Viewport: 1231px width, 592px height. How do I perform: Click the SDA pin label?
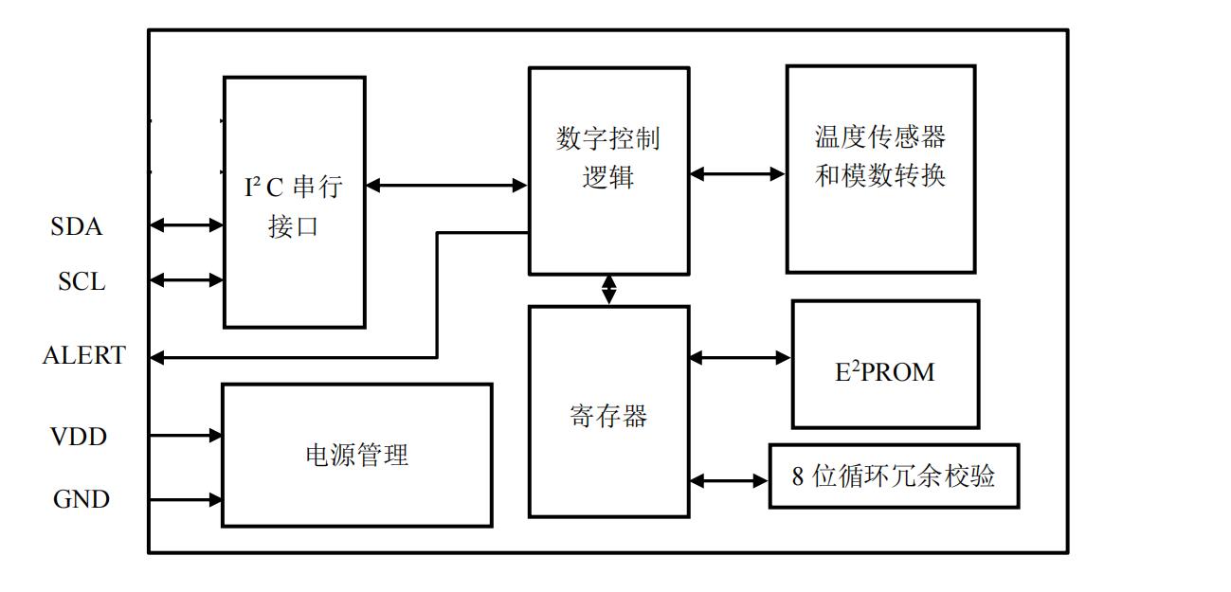point(77,227)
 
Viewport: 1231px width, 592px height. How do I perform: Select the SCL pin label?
point(81,281)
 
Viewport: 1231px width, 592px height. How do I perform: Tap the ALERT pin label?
point(83,356)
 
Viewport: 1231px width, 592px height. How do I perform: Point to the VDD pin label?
point(79,437)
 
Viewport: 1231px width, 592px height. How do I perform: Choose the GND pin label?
point(81,499)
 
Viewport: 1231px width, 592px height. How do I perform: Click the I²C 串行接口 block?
point(294,203)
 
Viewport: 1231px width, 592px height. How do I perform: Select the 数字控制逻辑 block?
point(608,170)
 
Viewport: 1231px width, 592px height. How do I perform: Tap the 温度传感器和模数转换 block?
point(880,169)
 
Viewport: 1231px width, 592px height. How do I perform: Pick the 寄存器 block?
point(608,411)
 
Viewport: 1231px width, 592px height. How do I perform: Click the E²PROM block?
point(885,365)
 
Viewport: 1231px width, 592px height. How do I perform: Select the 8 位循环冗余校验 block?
point(894,475)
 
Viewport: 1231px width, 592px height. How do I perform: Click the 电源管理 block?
point(356,455)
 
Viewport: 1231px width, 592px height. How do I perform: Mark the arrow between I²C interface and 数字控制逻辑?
point(446,186)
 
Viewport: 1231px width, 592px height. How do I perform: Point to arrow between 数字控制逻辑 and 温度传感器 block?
point(737,174)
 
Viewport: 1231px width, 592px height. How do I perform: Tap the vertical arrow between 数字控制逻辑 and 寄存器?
point(608,290)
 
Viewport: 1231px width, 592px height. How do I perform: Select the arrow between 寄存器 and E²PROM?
point(740,358)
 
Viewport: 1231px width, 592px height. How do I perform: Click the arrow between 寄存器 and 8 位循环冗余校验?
point(729,481)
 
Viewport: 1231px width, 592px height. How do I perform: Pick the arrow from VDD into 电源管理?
point(187,436)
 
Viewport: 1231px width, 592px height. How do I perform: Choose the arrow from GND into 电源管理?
point(187,499)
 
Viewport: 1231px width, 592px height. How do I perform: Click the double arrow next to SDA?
point(187,225)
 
